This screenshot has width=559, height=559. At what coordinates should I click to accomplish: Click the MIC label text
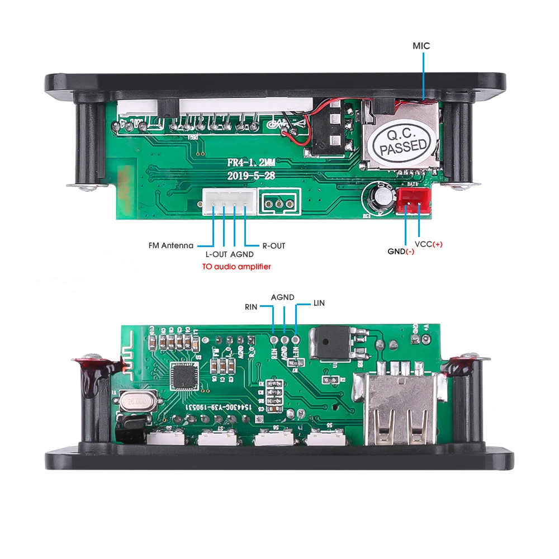(x=421, y=46)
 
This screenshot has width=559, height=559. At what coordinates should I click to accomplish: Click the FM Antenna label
(x=171, y=245)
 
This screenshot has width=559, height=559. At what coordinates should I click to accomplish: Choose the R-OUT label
(x=273, y=245)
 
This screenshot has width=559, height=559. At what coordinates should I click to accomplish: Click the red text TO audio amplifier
(x=236, y=267)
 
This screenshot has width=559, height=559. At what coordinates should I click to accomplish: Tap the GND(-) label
(x=401, y=251)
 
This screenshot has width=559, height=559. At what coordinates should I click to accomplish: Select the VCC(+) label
(x=428, y=244)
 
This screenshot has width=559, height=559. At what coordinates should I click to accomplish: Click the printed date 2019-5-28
(x=251, y=175)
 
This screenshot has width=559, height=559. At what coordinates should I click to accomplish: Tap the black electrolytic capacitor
(x=375, y=198)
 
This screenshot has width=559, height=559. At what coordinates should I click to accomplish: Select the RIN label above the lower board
(x=251, y=307)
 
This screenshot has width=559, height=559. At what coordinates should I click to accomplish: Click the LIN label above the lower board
(x=319, y=303)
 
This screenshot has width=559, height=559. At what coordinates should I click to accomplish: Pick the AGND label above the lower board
(x=282, y=297)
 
